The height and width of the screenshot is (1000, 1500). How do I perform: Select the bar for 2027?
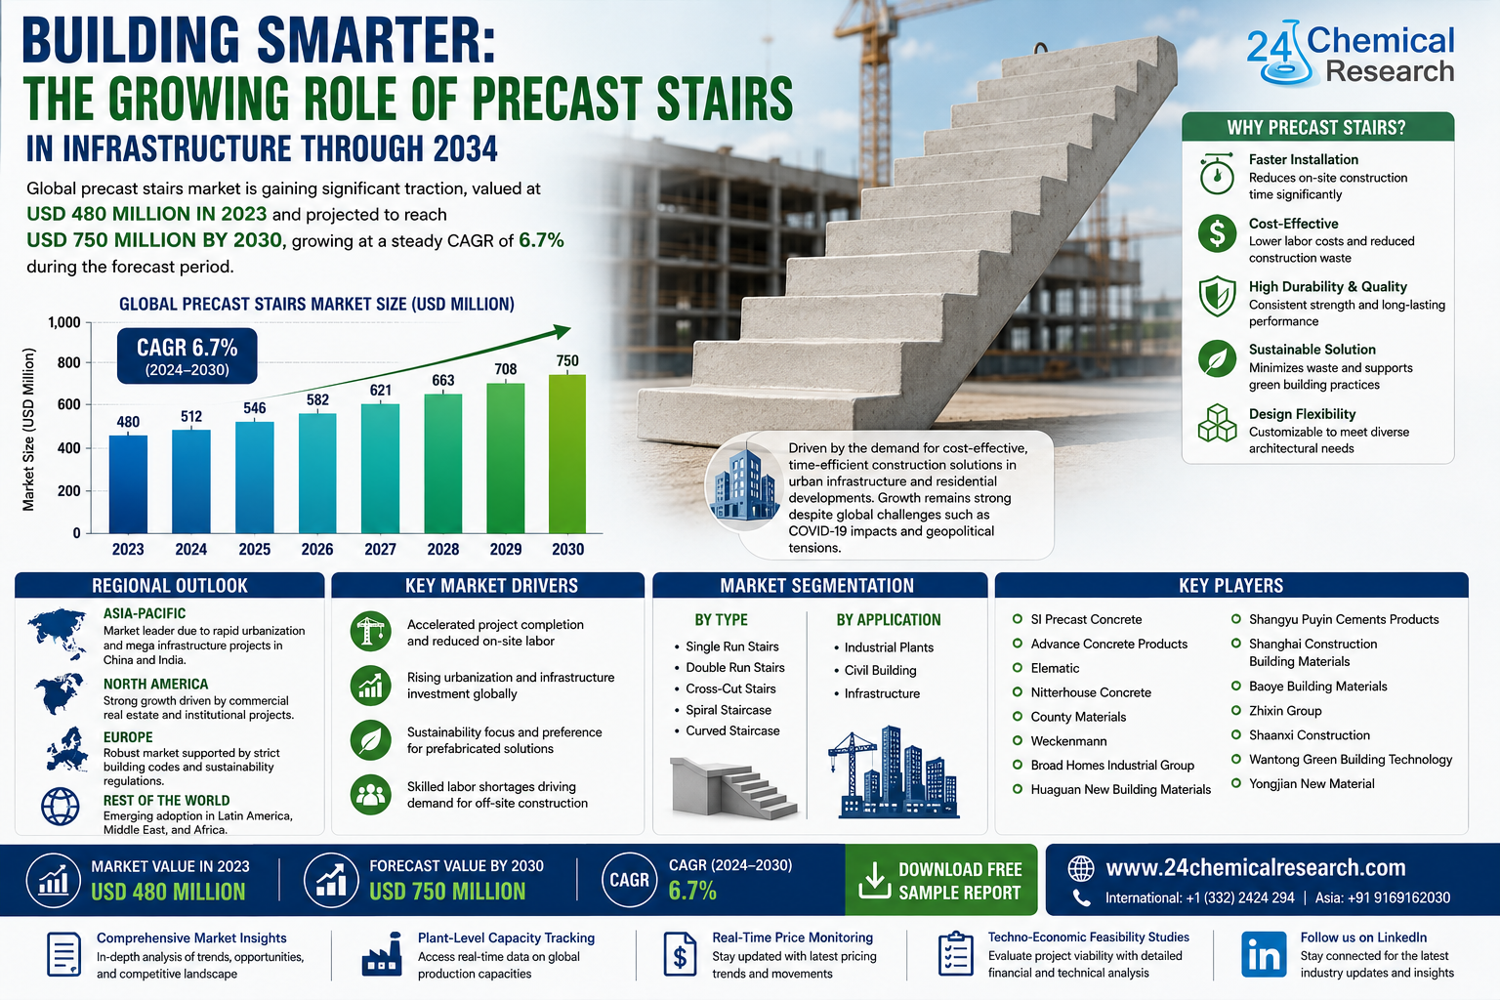coord(380,468)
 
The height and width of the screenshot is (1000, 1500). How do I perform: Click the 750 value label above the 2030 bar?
coord(567,361)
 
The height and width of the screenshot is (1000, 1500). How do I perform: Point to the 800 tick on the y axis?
coord(69,363)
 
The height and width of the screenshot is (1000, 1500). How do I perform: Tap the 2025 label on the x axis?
coord(255,549)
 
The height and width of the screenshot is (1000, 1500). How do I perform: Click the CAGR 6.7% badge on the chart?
coord(187,355)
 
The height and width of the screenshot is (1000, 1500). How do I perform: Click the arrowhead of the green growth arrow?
coord(562,331)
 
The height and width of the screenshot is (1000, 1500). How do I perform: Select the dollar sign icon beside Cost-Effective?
coord(1217,233)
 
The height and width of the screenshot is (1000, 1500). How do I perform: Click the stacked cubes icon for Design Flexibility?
coord(1217,423)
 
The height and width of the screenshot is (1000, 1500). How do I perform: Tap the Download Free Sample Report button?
coord(940,880)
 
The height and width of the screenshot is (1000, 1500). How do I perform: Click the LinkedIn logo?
coord(1264,954)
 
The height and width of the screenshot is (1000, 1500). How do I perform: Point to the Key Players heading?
coord(1230,585)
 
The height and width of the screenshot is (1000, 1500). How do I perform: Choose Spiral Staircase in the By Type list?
coord(728,710)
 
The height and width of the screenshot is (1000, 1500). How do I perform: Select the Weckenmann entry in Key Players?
coord(1068,741)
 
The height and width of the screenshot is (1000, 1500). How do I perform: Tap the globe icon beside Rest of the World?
coord(61,807)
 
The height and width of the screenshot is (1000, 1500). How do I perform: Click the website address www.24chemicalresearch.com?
coord(1256,867)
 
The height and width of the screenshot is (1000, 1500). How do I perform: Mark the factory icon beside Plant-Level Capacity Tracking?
coord(382,954)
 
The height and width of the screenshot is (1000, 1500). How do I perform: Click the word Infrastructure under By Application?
coord(882,693)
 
